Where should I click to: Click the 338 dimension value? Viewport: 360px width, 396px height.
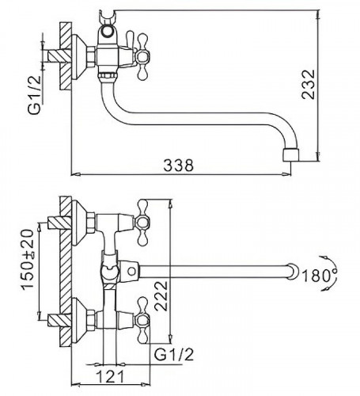click(179, 166)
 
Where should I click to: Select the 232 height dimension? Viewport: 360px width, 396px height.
click(309, 84)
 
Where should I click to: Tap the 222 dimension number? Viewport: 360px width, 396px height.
click(161, 296)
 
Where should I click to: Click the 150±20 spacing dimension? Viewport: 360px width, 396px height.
click(28, 259)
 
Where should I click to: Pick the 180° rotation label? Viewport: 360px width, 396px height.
click(319, 276)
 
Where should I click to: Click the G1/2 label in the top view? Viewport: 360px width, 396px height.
click(35, 95)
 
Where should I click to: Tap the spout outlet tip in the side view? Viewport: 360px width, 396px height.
click(291, 155)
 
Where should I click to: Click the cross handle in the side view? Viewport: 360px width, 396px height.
click(142, 56)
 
